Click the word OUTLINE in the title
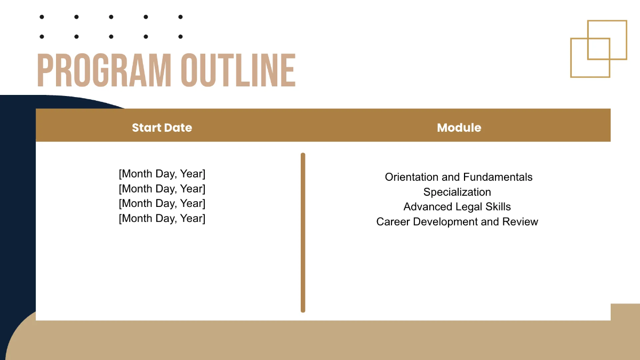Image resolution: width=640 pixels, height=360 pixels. pyautogui.click(x=237, y=70)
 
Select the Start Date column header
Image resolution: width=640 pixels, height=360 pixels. pyautogui.click(x=162, y=127)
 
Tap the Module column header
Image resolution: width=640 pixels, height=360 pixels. pyautogui.click(x=459, y=127)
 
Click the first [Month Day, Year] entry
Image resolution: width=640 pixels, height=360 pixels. pyautogui.click(x=162, y=174)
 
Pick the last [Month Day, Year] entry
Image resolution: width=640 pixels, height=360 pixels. pyautogui.click(x=162, y=218)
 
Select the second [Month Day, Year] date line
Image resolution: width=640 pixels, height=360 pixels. pyautogui.click(x=162, y=189)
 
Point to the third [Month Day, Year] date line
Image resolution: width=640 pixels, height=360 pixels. pyautogui.click(x=162, y=203)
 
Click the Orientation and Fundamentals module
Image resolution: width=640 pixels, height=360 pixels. pyautogui.click(x=459, y=177)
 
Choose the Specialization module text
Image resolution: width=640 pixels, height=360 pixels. pyautogui.click(x=457, y=192)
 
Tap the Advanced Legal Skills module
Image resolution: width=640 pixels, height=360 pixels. pyautogui.click(x=457, y=207)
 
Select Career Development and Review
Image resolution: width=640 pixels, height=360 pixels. pyautogui.click(x=457, y=222)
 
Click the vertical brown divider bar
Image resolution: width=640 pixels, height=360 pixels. pyautogui.click(x=303, y=232)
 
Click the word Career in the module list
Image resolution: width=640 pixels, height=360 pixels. pyautogui.click(x=391, y=222)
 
